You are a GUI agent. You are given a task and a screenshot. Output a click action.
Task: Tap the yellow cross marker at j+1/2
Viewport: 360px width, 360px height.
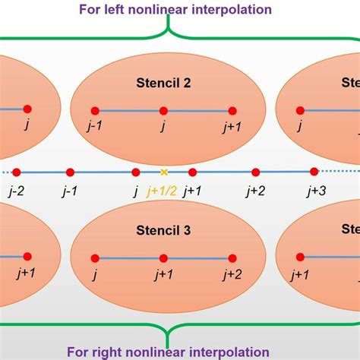click(x=163, y=172)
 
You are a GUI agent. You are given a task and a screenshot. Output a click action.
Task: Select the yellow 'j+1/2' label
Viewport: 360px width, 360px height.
click(x=161, y=191)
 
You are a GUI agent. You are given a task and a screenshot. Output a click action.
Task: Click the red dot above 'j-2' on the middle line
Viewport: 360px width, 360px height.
click(x=16, y=172)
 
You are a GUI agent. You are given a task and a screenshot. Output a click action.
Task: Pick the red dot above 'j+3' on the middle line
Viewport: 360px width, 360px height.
click(x=314, y=172)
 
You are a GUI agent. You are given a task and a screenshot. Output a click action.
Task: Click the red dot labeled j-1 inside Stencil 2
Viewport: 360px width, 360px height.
click(x=95, y=110)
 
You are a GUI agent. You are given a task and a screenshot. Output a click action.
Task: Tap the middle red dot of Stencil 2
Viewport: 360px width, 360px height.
click(x=163, y=110)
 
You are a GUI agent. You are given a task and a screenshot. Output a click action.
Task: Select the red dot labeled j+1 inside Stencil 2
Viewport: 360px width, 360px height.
click(x=232, y=110)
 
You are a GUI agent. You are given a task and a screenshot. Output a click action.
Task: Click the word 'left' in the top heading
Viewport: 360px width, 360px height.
click(x=144, y=10)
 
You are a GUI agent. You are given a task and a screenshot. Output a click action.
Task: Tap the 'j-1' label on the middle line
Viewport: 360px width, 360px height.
click(x=69, y=191)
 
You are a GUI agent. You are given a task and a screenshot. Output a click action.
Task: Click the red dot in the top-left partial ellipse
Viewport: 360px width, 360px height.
click(x=27, y=109)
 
